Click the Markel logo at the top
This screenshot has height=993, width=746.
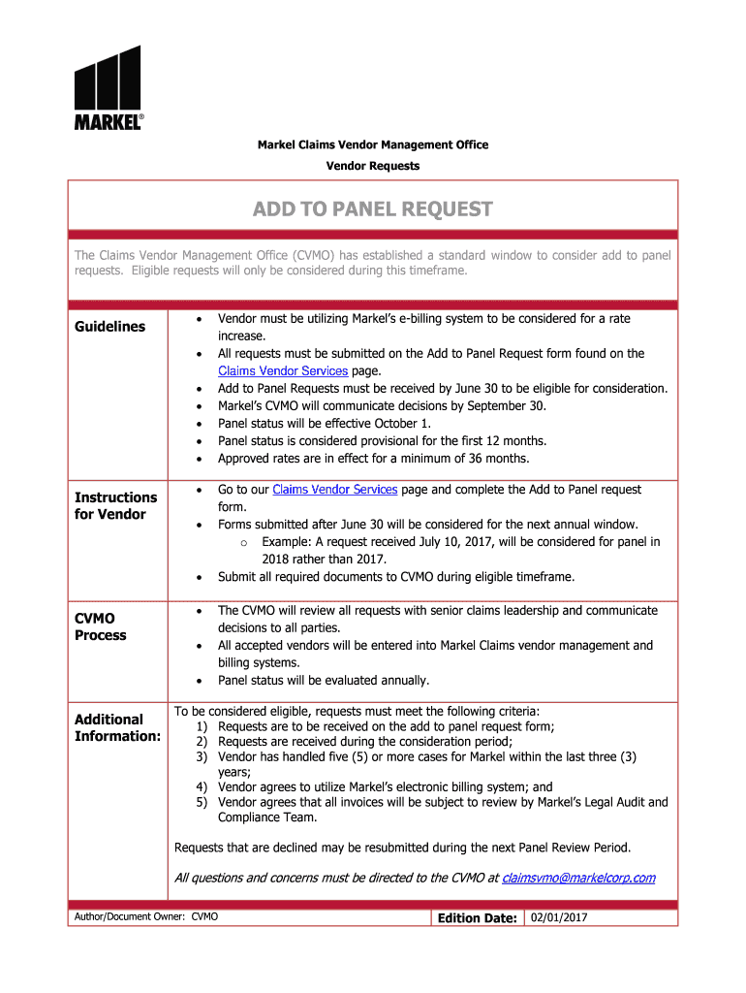coord(109,87)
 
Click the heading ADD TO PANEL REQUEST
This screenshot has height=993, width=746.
coord(372,209)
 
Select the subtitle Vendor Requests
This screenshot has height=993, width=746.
coord(372,166)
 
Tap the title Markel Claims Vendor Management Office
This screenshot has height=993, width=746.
coord(372,144)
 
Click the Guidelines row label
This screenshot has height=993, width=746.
coord(110,327)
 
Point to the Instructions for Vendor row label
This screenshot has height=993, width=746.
coord(115,505)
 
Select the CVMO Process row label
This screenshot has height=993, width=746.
coord(101,626)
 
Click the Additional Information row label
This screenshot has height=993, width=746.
coord(117,727)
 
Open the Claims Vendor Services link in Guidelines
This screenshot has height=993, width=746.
coord(283,371)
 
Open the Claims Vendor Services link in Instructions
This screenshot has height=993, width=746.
coord(335,490)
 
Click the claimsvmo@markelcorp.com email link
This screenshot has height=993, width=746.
coord(578,878)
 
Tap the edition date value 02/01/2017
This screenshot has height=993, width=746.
coord(560,917)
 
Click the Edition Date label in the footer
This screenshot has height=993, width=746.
coord(477,918)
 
